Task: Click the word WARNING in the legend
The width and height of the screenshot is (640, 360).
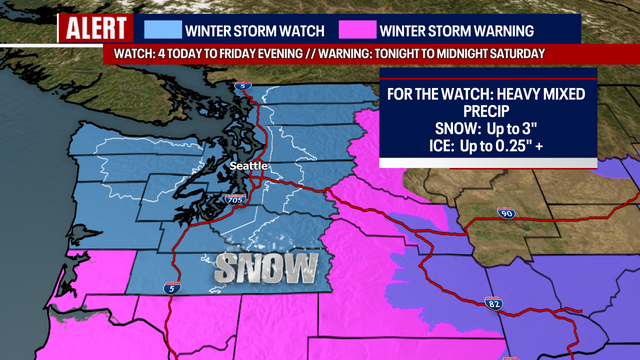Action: [496, 29]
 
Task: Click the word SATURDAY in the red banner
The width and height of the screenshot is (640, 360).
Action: [513, 53]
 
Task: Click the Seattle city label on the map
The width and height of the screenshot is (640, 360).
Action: [248, 165]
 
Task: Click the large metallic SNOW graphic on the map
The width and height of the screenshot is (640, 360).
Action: [266, 268]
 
